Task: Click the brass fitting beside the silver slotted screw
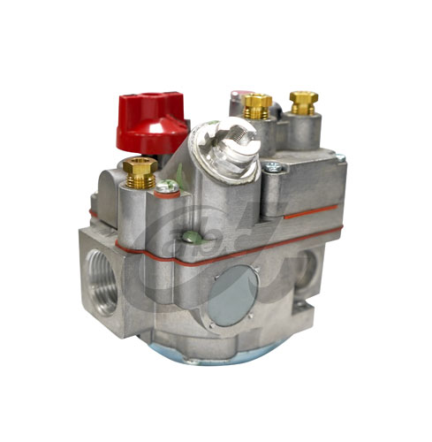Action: (x=257, y=106)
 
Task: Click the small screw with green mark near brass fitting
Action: (x=164, y=187)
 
